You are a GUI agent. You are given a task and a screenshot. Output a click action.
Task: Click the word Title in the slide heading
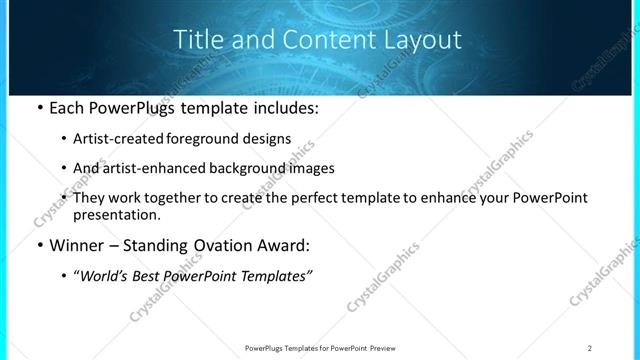pos(196,40)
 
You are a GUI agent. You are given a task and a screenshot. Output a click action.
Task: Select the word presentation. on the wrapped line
pos(116,215)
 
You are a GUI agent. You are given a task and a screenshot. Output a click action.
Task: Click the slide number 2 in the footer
pos(590,348)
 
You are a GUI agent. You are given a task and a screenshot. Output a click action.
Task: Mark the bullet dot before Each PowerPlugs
pos(38,109)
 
